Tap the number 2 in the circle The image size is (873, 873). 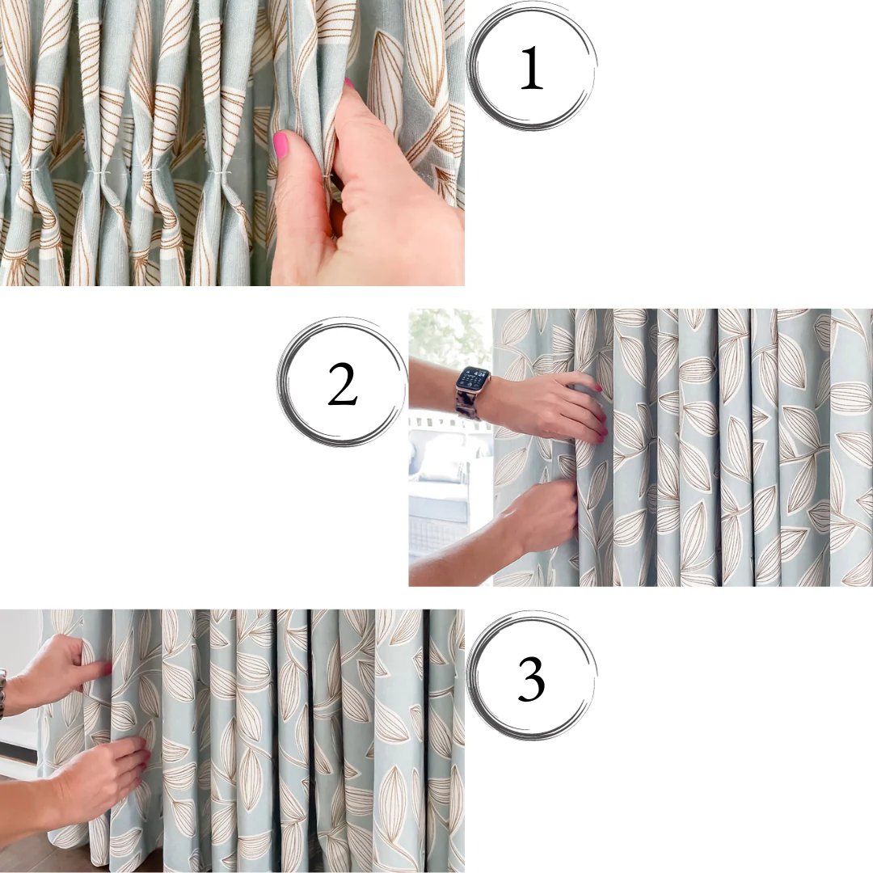342,384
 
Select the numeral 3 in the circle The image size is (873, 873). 531,679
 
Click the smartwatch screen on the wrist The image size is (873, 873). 473,380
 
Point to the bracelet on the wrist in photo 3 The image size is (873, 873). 2,694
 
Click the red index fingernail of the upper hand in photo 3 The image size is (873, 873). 106,668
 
